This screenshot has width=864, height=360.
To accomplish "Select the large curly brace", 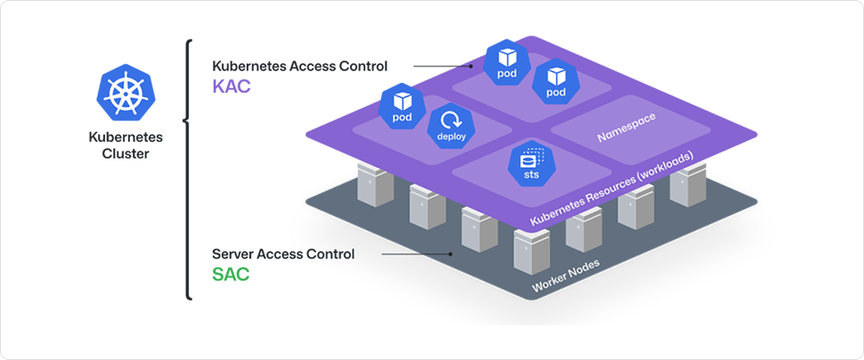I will pos(188,169).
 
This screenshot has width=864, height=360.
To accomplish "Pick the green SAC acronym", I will pos(231,274).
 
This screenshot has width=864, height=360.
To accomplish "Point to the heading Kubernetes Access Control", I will pos(299,67).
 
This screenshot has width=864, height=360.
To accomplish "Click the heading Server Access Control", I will pos(283,254).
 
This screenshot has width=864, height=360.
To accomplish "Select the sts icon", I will pos(531,165).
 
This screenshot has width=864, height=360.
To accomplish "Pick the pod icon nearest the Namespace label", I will pos(556,81).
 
